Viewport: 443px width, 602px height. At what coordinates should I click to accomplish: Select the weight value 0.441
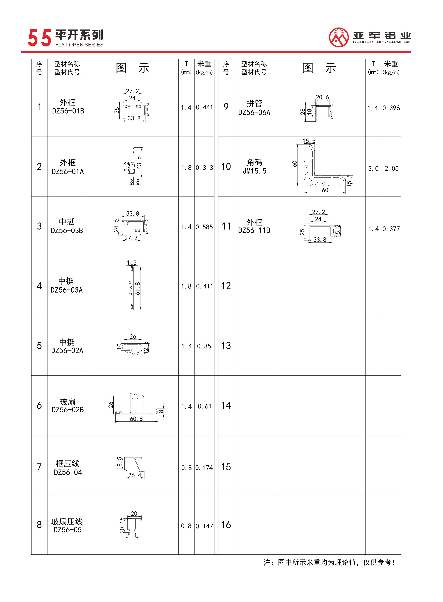(204, 107)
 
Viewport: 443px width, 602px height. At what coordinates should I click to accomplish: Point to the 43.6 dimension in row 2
(139, 163)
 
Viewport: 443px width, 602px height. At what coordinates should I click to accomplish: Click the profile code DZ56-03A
(66, 290)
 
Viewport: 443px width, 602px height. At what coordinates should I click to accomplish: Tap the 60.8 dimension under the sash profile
(136, 419)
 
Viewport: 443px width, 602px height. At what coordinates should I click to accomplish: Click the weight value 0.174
(204, 468)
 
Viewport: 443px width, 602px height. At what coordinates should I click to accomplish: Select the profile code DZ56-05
(67, 530)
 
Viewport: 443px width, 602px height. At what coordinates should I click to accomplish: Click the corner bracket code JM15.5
(254, 171)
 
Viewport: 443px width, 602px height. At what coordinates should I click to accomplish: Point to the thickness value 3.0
(373, 169)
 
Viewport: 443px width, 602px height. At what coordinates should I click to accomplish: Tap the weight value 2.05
(391, 169)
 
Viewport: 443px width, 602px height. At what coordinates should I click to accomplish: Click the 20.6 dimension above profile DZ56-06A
(322, 97)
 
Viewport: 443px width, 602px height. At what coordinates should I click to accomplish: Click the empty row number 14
(226, 405)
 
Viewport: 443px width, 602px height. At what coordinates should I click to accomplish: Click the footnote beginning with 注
(329, 562)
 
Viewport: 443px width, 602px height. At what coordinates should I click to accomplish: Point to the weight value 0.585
(204, 227)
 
